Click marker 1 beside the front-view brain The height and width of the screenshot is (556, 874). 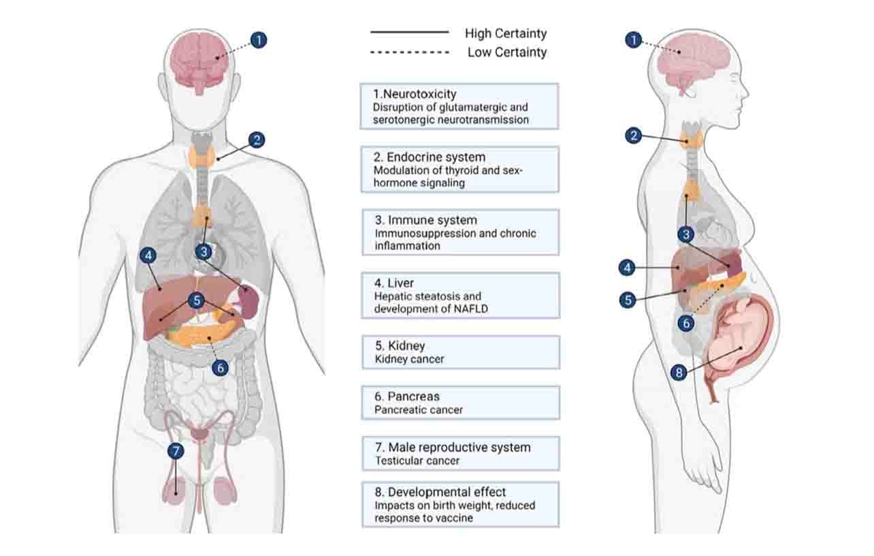258,40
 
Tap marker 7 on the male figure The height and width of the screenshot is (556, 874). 176,451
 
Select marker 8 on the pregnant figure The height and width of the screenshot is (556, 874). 678,373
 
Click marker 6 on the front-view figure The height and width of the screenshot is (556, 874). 219,368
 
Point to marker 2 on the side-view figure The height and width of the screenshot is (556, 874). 634,136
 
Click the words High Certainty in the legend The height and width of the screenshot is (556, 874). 506,33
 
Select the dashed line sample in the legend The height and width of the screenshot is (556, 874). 410,52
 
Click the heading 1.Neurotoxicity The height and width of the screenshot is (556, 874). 415,94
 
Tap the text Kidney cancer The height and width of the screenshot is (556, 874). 409,358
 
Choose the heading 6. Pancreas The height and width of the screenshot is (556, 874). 406,397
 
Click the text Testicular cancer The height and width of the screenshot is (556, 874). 417,461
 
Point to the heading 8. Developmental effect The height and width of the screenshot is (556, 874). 440,492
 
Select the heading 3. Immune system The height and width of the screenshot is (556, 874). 425,220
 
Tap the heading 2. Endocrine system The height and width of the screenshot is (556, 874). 430,157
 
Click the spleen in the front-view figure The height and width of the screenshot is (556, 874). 248,298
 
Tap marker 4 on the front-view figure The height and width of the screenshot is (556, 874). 148,256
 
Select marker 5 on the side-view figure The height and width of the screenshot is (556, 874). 628,300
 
